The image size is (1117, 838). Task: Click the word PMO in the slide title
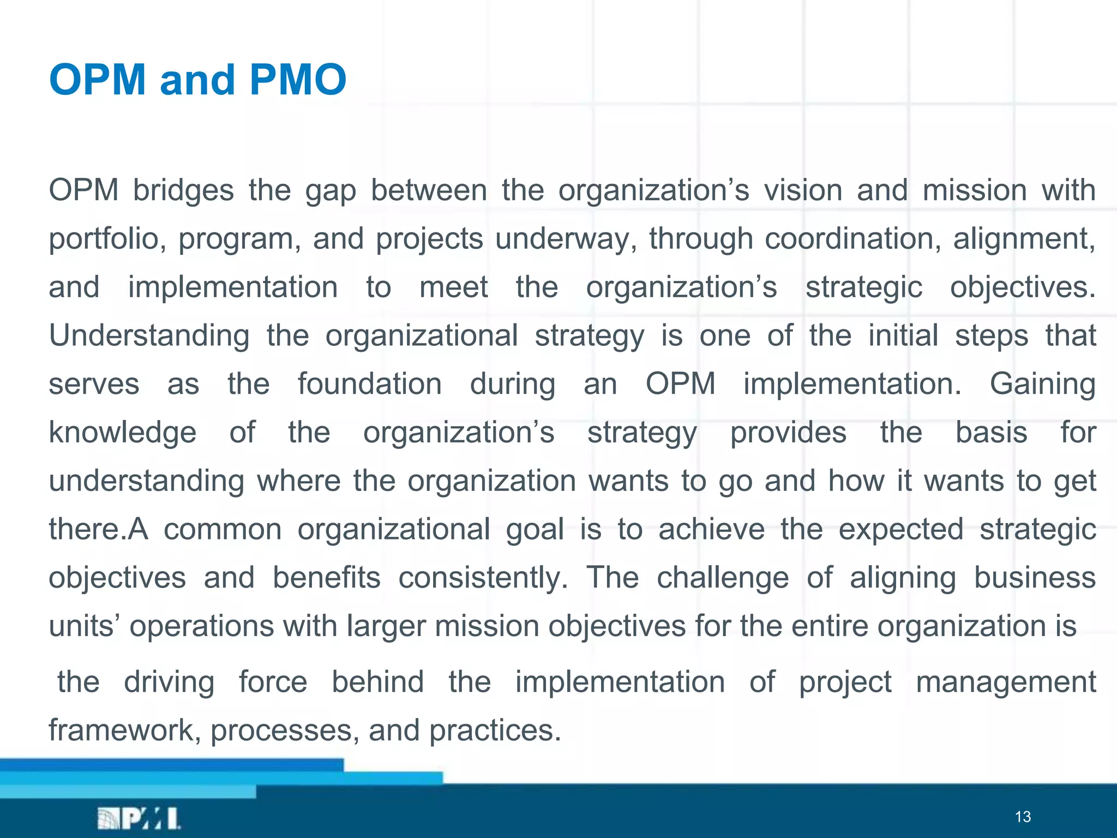[297, 80]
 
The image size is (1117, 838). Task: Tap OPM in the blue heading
[97, 80]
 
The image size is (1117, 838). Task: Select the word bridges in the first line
[183, 191]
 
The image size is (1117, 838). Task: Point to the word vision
[803, 191]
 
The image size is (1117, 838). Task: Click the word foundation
[369, 384]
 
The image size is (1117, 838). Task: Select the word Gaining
[1042, 384]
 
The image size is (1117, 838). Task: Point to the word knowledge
[122, 433]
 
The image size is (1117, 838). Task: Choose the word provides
[788, 433]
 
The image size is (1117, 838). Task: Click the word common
[223, 529]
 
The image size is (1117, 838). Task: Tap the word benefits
[326, 578]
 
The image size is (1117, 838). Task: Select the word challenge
[722, 578]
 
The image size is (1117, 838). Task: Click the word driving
[169, 683]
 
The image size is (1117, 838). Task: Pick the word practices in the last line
[494, 731]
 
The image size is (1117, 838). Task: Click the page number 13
[1023, 817]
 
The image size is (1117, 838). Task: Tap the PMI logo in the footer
[139, 818]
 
